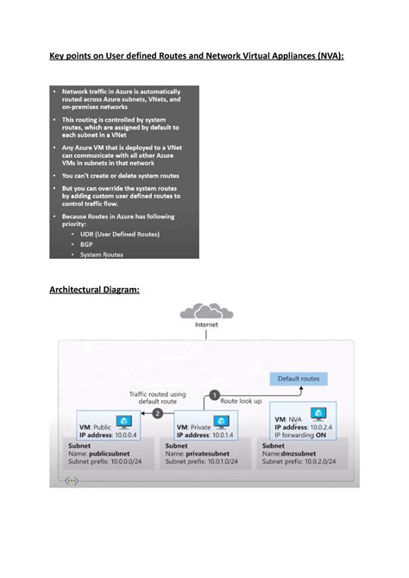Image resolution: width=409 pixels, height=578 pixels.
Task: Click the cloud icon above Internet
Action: point(207,311)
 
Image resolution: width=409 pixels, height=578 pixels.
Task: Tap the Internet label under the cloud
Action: point(207,325)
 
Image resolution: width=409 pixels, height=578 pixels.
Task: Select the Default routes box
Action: point(299,379)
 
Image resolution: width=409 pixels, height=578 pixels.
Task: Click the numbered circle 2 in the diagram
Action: point(157,413)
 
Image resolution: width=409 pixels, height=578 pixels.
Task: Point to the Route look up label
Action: point(241,402)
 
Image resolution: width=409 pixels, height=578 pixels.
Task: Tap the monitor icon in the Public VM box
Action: point(123,422)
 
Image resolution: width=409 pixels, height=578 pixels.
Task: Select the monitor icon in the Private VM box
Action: point(222,421)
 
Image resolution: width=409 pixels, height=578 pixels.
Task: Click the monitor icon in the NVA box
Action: point(319,415)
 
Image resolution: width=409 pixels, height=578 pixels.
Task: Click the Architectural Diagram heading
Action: point(94,290)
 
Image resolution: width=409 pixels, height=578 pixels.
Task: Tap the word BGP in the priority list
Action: point(87,244)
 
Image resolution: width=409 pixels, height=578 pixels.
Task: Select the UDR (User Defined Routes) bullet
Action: point(120,234)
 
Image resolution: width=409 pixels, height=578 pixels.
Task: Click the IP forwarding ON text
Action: point(303,435)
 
